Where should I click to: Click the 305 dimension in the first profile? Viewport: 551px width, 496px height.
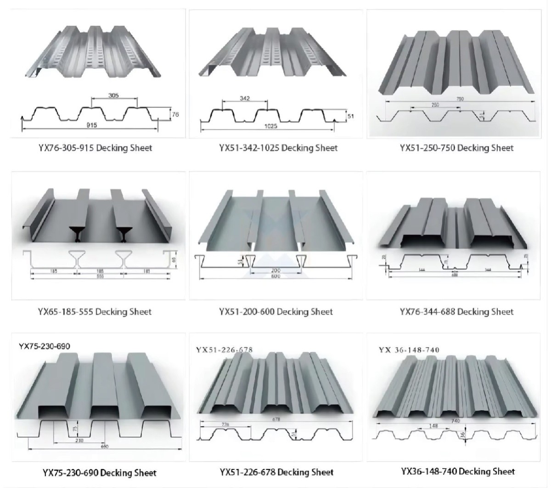(113, 95)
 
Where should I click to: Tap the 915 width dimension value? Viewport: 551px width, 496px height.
(92, 125)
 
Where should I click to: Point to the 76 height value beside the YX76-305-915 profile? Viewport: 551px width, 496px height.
(175, 115)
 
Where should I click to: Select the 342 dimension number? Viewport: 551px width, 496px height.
(245, 99)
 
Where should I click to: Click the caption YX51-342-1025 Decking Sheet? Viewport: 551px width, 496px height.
(278, 148)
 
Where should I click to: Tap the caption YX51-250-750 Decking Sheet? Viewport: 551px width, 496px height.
(456, 148)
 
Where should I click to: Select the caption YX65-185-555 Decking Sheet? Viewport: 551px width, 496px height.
(95, 312)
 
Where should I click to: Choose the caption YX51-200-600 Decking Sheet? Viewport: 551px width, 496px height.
(276, 312)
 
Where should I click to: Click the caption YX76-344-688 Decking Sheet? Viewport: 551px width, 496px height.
(456, 312)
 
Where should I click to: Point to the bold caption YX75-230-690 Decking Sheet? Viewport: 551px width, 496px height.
(99, 473)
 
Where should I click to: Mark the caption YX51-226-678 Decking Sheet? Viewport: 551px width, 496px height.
(276, 472)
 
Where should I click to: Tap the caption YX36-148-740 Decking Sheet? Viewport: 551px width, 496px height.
(458, 471)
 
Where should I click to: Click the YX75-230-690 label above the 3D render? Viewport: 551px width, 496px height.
(45, 346)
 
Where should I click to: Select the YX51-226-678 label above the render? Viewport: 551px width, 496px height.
(224, 350)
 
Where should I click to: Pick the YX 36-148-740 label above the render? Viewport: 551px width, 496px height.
(409, 350)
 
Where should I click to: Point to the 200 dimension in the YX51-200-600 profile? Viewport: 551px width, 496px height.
(275, 271)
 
